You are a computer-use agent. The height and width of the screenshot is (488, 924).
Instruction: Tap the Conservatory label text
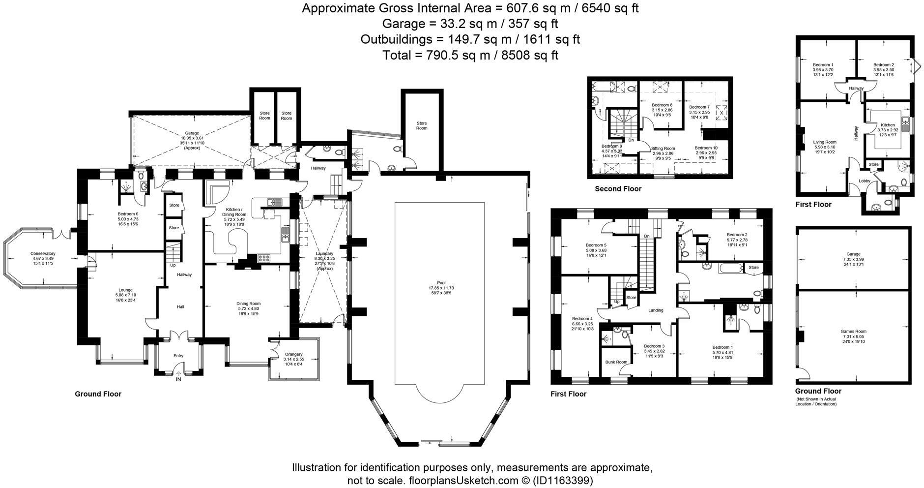[x=43, y=253]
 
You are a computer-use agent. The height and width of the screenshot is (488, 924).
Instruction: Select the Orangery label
[x=293, y=354]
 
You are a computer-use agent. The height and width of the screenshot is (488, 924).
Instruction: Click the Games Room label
[x=853, y=332]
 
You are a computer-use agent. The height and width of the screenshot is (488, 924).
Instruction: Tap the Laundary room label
[x=324, y=253]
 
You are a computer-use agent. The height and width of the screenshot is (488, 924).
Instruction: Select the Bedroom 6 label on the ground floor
[x=128, y=214]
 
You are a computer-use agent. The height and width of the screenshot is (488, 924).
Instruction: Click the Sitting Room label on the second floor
[x=663, y=148]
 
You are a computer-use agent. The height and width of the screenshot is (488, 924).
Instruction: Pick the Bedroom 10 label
[x=706, y=148]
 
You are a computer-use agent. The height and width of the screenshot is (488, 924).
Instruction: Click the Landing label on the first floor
[x=656, y=310]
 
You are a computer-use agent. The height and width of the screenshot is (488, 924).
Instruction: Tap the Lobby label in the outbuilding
[x=864, y=181]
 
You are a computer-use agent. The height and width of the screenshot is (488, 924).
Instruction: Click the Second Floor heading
[x=618, y=189]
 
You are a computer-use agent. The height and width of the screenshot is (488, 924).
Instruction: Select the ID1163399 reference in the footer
[x=563, y=480]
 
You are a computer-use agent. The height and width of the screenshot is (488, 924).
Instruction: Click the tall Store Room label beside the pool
[x=422, y=125]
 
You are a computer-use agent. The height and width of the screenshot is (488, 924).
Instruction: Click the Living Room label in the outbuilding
[x=824, y=142]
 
